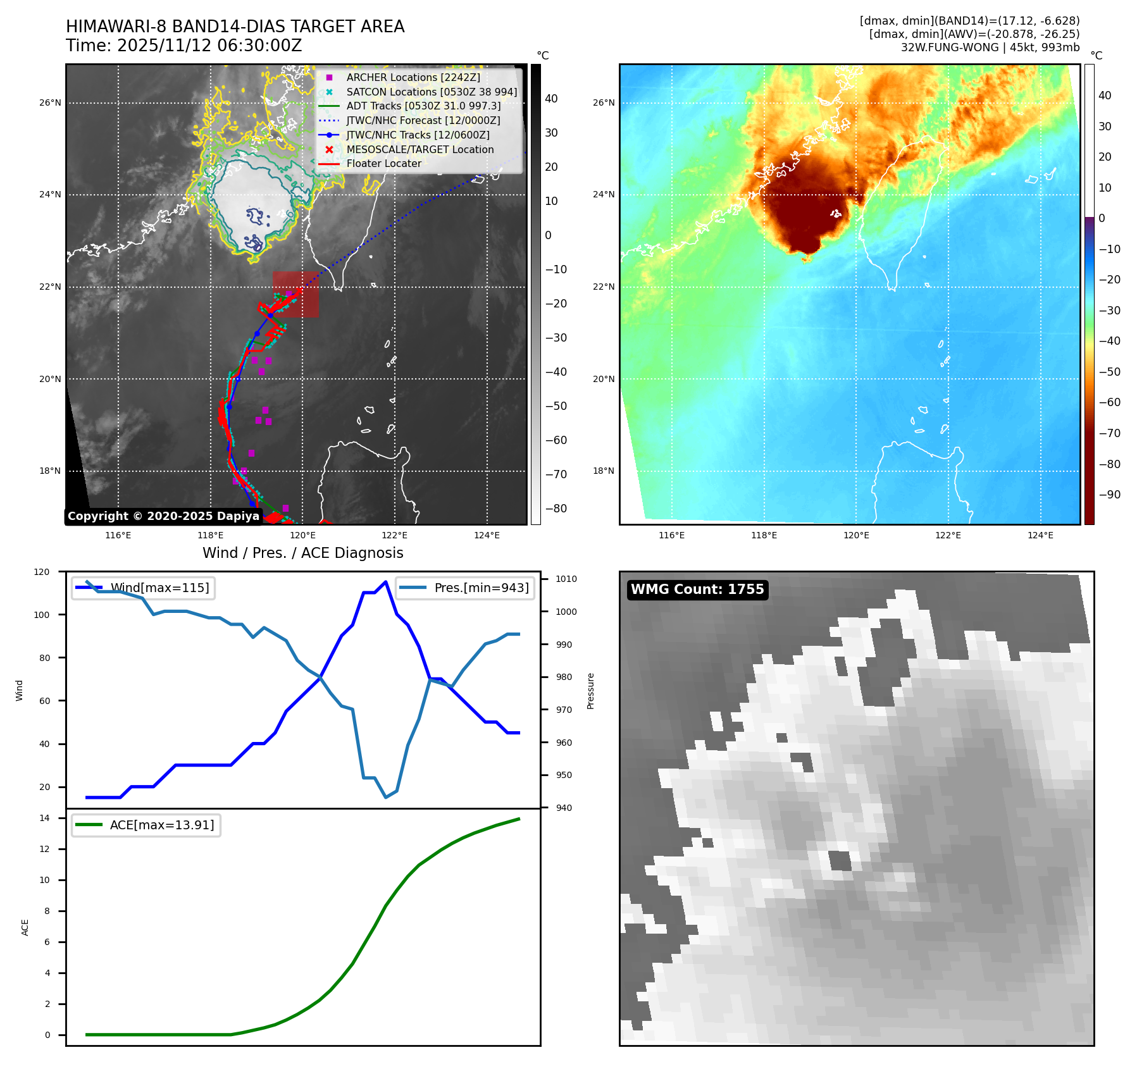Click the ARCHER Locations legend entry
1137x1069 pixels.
413,77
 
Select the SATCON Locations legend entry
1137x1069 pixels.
432,92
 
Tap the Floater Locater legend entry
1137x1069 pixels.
383,163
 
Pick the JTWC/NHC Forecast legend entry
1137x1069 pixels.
423,120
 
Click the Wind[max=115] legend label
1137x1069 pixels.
159,588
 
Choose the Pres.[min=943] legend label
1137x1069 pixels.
481,588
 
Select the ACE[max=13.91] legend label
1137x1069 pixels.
162,825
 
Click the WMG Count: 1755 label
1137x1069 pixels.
697,590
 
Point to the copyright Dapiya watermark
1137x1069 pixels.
163,516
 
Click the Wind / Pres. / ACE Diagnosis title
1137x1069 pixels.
302,553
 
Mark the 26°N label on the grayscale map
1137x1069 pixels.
51,102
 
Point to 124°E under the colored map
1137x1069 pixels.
1040,535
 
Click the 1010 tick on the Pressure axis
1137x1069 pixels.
566,579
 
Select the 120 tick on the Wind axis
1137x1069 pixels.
42,572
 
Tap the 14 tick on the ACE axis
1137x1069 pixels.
44,818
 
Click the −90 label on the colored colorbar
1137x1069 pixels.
1109,495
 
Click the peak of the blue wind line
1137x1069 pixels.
386,581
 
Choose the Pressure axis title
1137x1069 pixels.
590,691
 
